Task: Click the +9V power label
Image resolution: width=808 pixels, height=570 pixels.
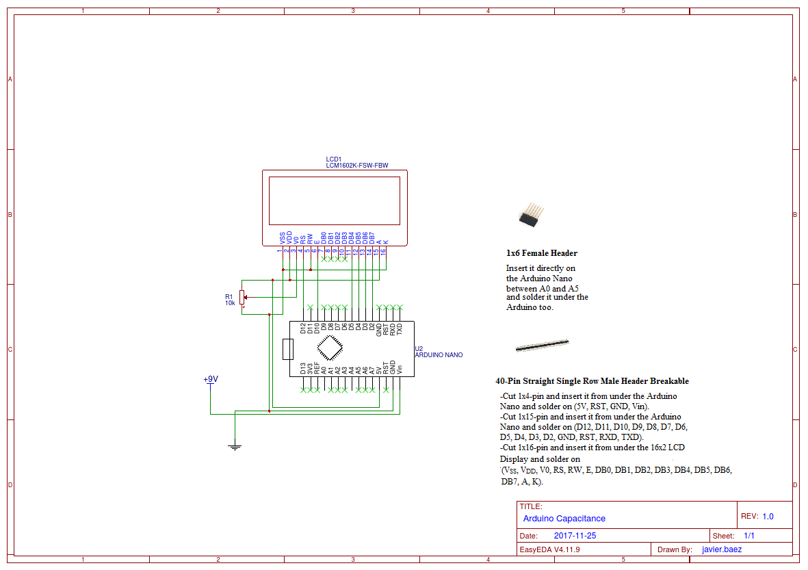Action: [x=211, y=379]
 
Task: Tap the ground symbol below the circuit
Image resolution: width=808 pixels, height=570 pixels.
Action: [x=235, y=447]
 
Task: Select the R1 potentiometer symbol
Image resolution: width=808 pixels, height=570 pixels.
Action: [x=242, y=298]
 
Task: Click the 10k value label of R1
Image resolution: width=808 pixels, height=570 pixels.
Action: [x=230, y=302]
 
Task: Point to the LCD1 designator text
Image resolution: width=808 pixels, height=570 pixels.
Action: [x=334, y=159]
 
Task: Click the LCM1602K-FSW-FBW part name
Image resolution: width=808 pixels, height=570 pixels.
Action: [x=356, y=166]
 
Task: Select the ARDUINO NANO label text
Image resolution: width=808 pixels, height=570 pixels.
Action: [x=439, y=355]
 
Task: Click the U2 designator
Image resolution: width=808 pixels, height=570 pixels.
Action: [x=419, y=348]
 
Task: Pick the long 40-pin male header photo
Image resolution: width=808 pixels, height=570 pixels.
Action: [x=542, y=345]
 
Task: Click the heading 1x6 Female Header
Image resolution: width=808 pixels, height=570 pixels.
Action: [x=542, y=253]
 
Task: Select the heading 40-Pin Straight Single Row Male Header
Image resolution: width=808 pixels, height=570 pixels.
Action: [x=592, y=381]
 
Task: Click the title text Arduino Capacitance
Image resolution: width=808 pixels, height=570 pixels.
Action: [x=564, y=519]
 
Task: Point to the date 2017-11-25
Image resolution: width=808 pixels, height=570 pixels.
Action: [x=575, y=536]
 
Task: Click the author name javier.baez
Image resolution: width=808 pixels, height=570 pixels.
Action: [x=722, y=549]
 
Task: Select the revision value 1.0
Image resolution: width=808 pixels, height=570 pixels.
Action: [x=768, y=517]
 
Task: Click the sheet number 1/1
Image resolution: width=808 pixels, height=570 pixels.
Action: [x=749, y=536]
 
